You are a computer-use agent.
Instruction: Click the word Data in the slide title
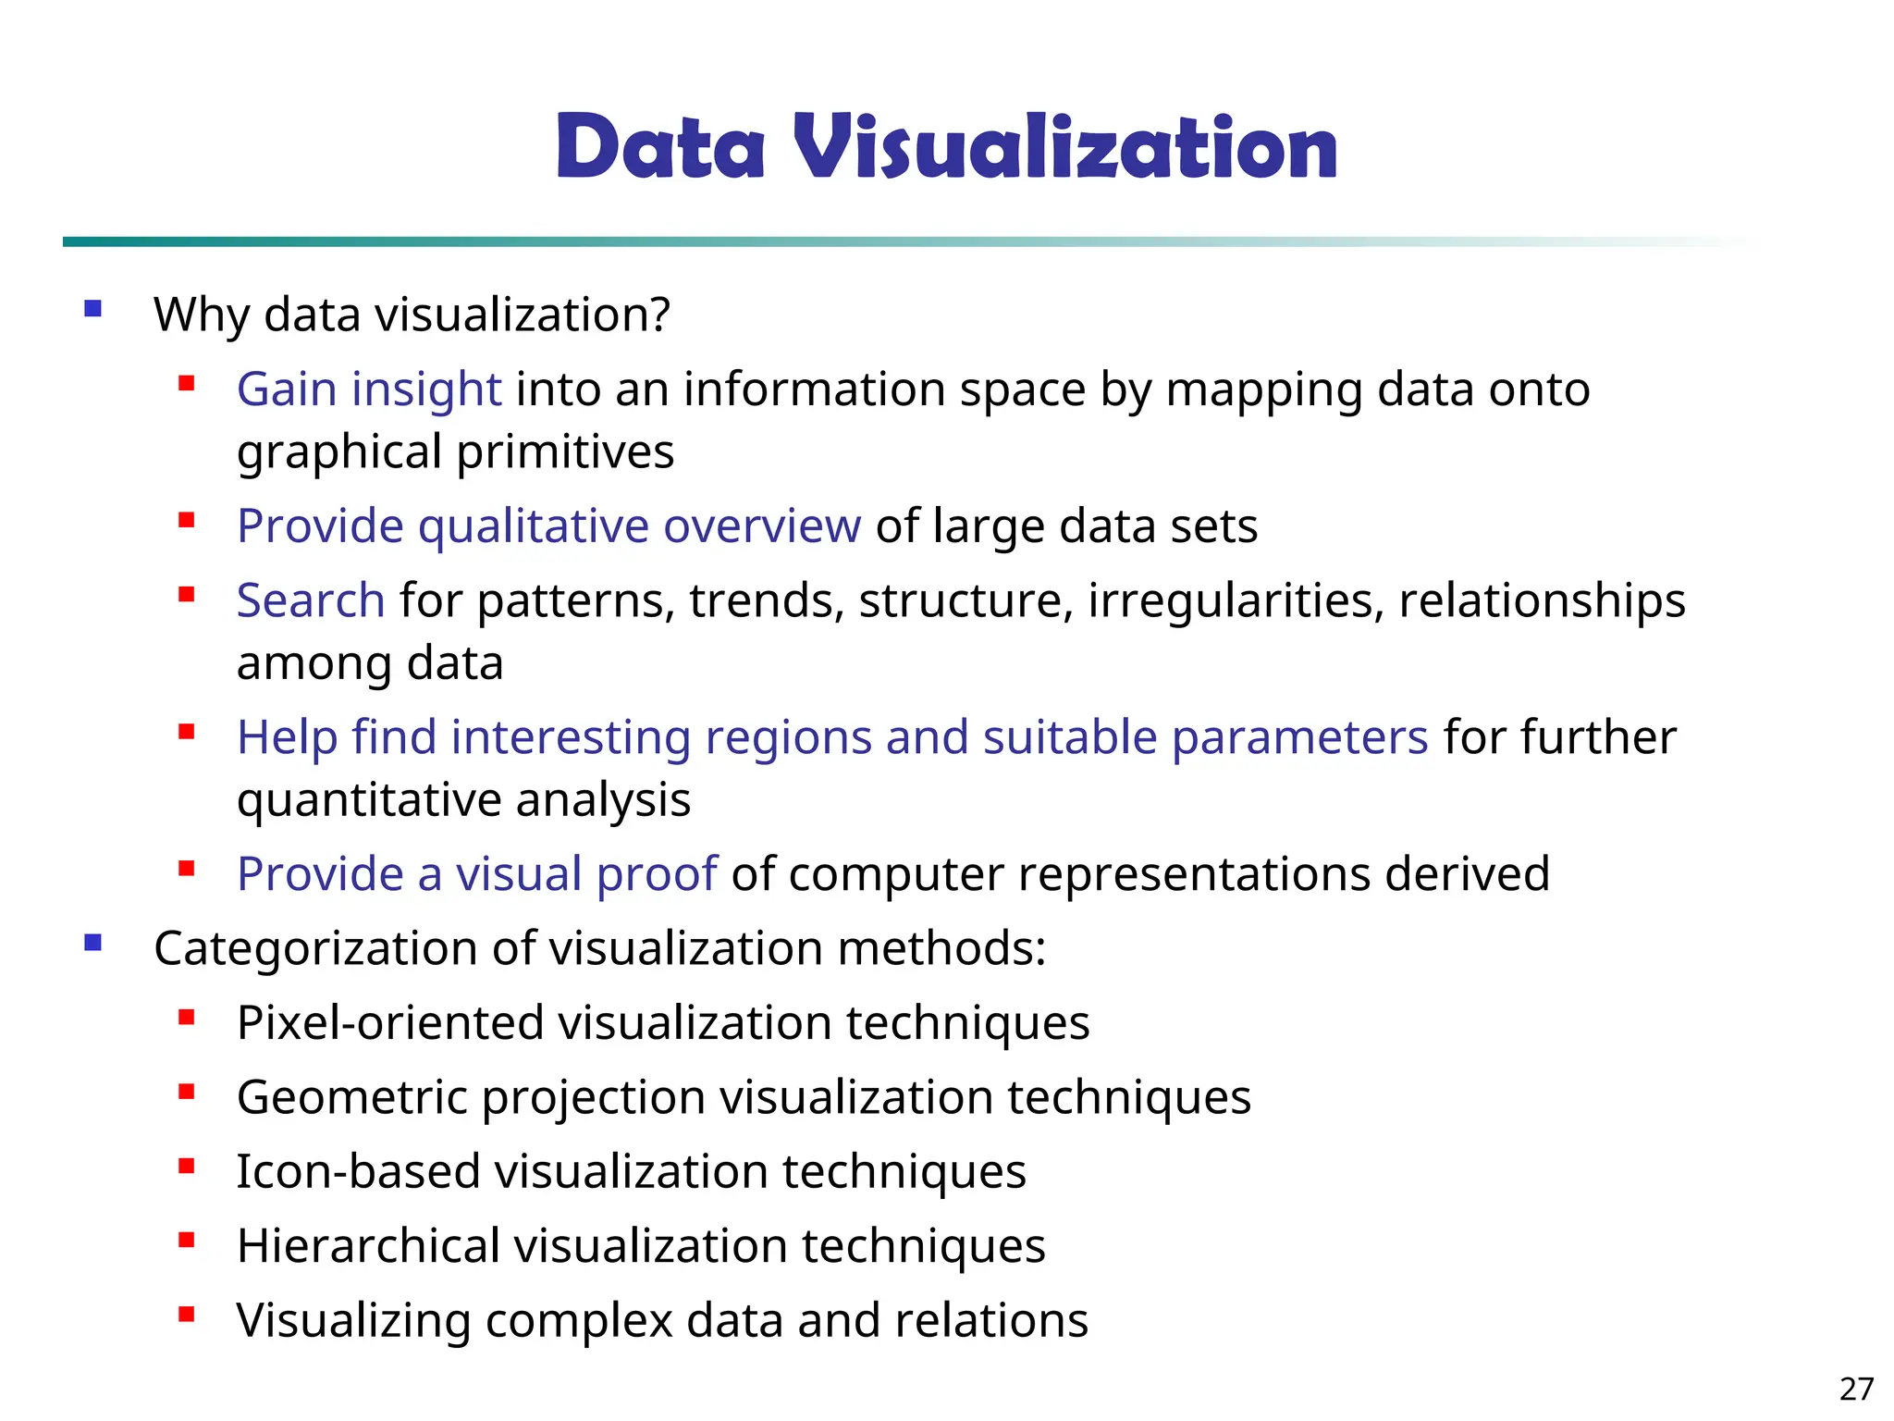click(x=660, y=147)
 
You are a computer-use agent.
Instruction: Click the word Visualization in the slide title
click(x=1064, y=147)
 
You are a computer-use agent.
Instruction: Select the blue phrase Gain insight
click(x=369, y=389)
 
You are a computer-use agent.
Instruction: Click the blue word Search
click(x=311, y=600)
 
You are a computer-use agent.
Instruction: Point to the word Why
click(x=202, y=315)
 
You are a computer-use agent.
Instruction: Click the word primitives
click(x=565, y=452)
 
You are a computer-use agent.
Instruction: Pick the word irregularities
click(x=1236, y=600)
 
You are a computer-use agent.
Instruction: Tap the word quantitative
click(x=369, y=800)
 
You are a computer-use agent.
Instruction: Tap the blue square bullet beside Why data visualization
click(x=92, y=309)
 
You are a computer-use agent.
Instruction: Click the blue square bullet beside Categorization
click(x=92, y=944)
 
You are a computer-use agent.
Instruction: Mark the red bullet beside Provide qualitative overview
click(x=187, y=521)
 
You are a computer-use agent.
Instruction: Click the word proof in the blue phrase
click(x=657, y=874)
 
